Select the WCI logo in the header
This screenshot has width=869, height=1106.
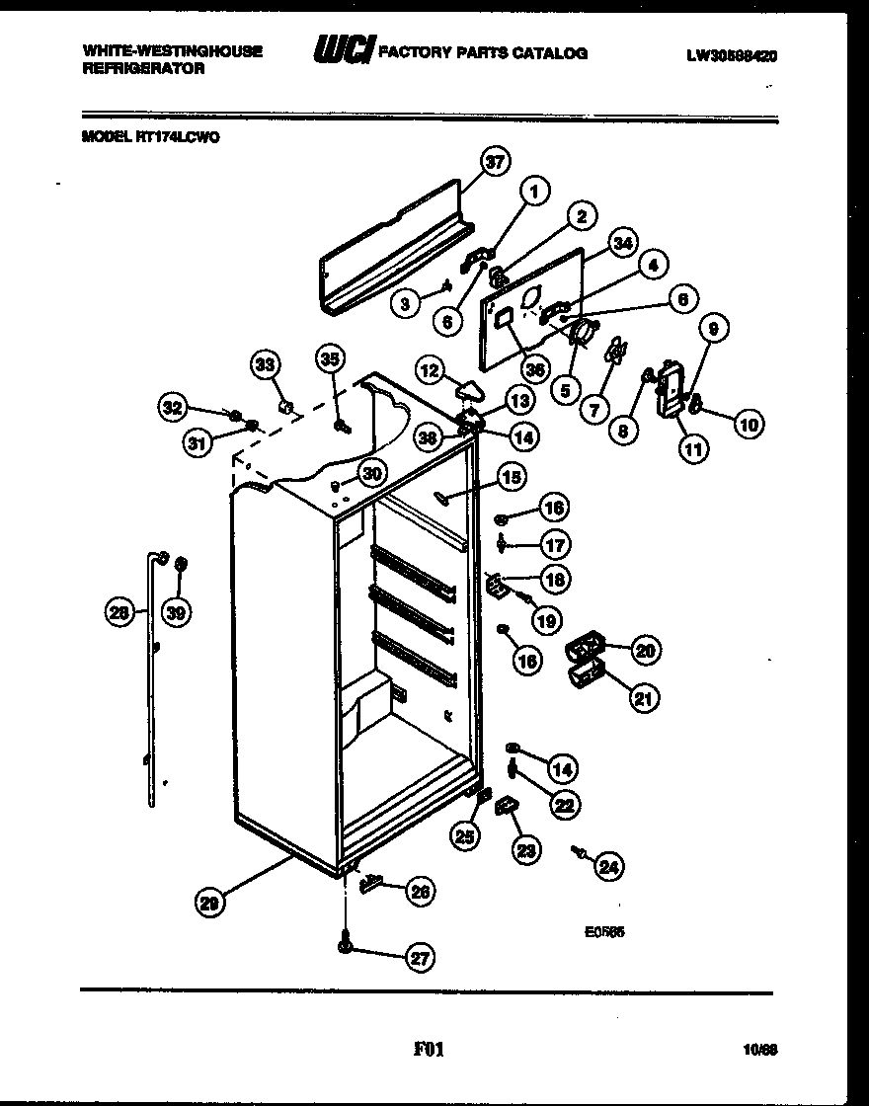pyautogui.click(x=339, y=52)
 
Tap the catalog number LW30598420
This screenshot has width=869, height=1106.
pyautogui.click(x=731, y=57)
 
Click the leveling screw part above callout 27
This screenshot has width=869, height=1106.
pyautogui.click(x=346, y=945)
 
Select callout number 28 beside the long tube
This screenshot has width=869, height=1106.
pyautogui.click(x=120, y=613)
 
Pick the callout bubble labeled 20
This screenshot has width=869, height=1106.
pyautogui.click(x=646, y=650)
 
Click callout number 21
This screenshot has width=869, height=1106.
pyautogui.click(x=644, y=699)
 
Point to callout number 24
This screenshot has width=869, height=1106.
pyautogui.click(x=609, y=867)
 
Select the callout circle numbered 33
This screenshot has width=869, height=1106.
pyautogui.click(x=265, y=364)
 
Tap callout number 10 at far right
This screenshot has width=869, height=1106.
pyautogui.click(x=748, y=425)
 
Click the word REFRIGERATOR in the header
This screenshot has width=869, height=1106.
pyautogui.click(x=142, y=69)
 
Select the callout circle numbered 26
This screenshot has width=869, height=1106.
pyautogui.click(x=420, y=892)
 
